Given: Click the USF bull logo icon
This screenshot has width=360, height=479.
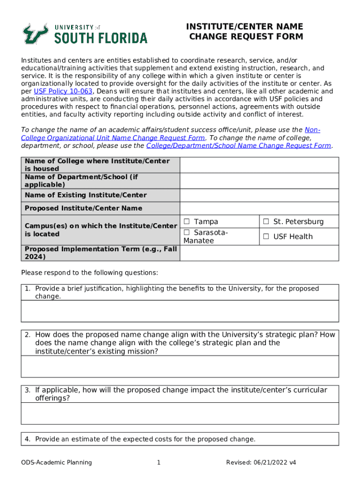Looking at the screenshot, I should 36,34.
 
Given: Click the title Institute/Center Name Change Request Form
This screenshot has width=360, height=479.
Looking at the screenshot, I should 245,31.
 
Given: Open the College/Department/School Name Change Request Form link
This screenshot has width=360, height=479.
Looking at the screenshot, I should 238,145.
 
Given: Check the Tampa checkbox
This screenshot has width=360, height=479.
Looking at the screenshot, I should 187,222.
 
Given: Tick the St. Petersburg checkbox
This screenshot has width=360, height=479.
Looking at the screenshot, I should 266,222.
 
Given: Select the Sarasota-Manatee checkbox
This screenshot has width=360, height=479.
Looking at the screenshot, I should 187,232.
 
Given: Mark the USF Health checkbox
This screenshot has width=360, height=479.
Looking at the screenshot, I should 266,237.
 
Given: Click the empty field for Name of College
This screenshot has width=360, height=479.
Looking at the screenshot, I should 259,165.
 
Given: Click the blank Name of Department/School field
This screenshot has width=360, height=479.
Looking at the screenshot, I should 259,181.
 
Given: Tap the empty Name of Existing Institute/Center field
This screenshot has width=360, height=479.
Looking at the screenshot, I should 259,195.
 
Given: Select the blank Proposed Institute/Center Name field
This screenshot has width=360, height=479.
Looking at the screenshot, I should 259,208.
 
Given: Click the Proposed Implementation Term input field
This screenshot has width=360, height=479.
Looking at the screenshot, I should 259,253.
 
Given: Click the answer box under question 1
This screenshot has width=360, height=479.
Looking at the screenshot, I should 180,311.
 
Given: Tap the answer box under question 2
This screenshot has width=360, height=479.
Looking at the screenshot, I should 180,366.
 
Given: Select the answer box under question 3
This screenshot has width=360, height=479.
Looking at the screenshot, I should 180,414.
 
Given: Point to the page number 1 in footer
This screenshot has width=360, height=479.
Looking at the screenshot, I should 159,463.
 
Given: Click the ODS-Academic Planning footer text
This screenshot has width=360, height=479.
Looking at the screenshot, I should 57,463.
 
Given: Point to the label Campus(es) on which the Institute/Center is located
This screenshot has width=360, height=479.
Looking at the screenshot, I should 101,230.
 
